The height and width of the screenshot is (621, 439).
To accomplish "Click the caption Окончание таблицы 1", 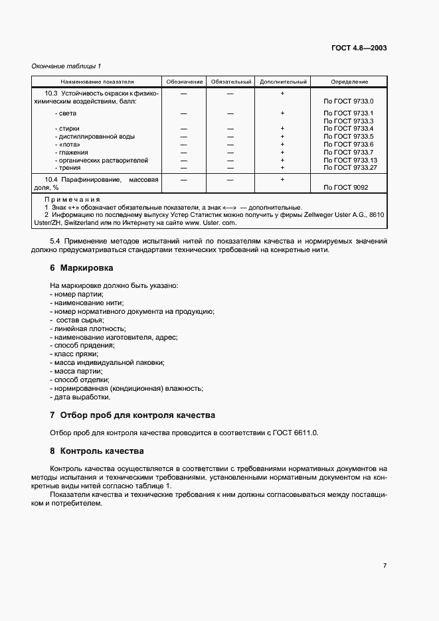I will [x=66, y=66].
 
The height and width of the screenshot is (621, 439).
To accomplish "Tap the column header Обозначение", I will [x=184, y=82].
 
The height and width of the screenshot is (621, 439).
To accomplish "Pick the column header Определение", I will [x=349, y=82].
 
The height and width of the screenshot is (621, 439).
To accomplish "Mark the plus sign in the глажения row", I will [x=282, y=153].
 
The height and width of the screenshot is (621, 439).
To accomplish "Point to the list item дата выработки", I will [x=80, y=397].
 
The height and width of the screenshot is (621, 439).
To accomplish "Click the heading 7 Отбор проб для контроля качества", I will [x=133, y=415].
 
